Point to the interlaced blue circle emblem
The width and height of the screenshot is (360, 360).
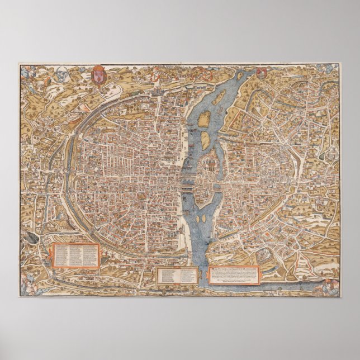pyautogui.click(x=77, y=73)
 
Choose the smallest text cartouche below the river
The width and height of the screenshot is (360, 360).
pyautogui.click(x=177, y=274)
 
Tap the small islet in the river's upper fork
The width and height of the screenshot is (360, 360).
pyautogui.click(x=205, y=117)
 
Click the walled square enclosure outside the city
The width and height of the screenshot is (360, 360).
pyautogui.click(x=263, y=260)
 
